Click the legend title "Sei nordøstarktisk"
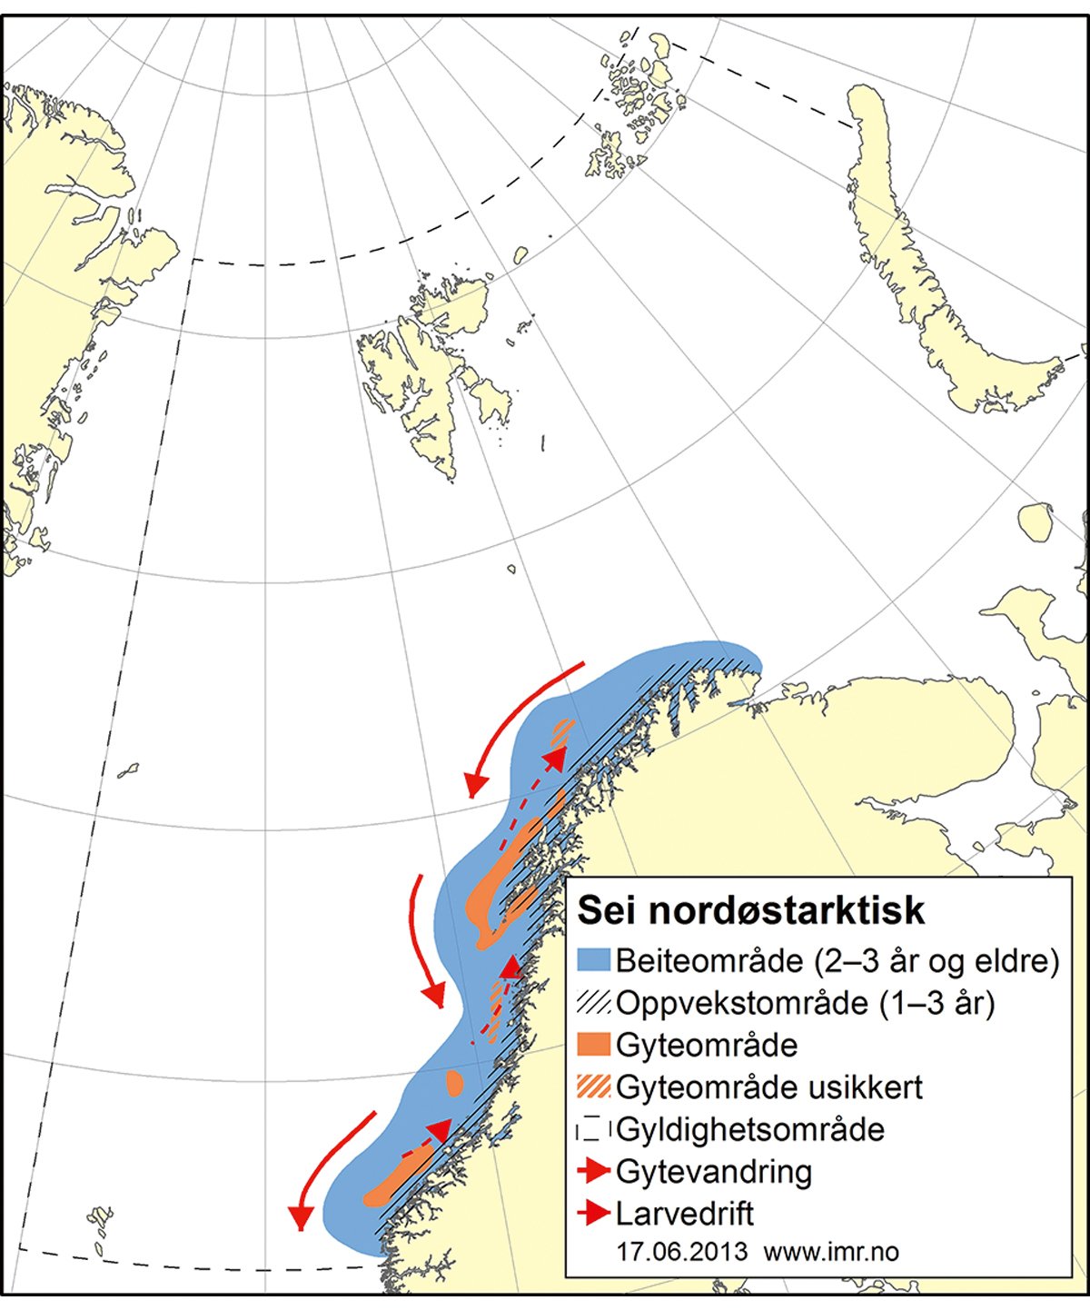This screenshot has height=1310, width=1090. pyautogui.click(x=751, y=910)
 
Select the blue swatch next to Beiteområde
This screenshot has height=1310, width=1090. pyautogui.click(x=594, y=961)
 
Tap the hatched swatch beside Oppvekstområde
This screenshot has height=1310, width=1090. pyautogui.click(x=594, y=1003)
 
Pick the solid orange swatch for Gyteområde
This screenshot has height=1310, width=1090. pyautogui.click(x=594, y=1045)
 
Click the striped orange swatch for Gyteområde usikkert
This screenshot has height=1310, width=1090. pyautogui.click(x=594, y=1087)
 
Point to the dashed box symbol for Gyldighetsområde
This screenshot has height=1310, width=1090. pyautogui.click(x=594, y=1129)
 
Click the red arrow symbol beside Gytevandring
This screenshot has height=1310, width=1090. pyautogui.click(x=594, y=1171)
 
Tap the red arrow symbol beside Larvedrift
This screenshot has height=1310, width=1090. pyautogui.click(x=594, y=1213)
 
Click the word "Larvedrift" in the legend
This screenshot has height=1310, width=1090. pyautogui.click(x=685, y=1214)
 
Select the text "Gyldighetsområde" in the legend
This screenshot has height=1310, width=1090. pyautogui.click(x=750, y=1129)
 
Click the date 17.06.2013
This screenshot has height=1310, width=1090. pyautogui.click(x=681, y=1252)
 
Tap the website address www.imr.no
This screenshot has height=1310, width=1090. pyautogui.click(x=831, y=1252)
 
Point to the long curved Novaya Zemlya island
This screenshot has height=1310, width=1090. pyautogui.click(x=917, y=273)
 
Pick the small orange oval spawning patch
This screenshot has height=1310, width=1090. pyautogui.click(x=454, y=1081)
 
